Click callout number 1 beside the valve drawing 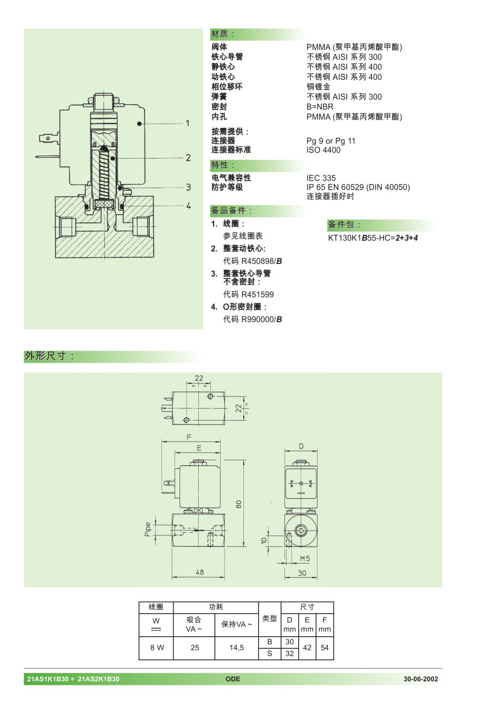[188, 123]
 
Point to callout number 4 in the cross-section [188, 206]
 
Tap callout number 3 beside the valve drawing [188, 187]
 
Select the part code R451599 [258, 295]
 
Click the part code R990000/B [262, 319]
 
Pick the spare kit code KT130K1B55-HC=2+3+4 [373, 238]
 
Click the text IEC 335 [321, 178]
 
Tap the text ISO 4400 [323, 150]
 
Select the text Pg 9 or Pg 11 [331, 141]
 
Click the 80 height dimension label [239, 504]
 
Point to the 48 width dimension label [200, 572]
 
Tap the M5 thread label [305, 558]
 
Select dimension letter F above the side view [189, 437]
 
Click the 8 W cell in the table [157, 648]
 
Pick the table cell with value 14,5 [236, 648]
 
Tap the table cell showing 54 [325, 648]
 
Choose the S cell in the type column [270, 653]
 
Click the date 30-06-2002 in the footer [421, 679]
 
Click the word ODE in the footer [233, 679]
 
